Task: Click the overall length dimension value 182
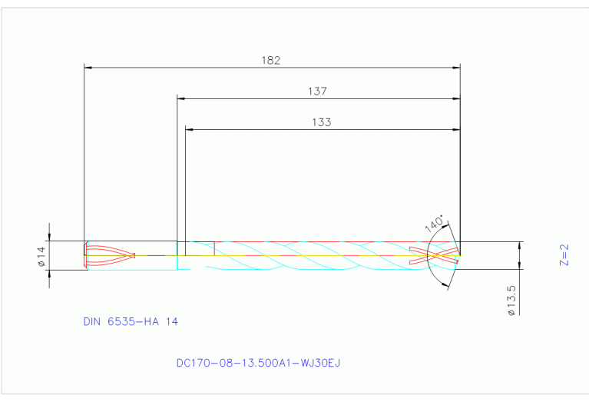(271, 59)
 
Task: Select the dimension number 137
(317, 91)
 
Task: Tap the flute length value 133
(322, 121)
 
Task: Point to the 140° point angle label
(434, 224)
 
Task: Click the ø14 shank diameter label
(42, 256)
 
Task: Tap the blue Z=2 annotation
(564, 255)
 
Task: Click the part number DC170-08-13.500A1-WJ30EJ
(257, 362)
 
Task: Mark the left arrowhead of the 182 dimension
(88, 68)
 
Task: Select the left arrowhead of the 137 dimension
(182, 98)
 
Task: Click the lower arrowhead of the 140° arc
(447, 284)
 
